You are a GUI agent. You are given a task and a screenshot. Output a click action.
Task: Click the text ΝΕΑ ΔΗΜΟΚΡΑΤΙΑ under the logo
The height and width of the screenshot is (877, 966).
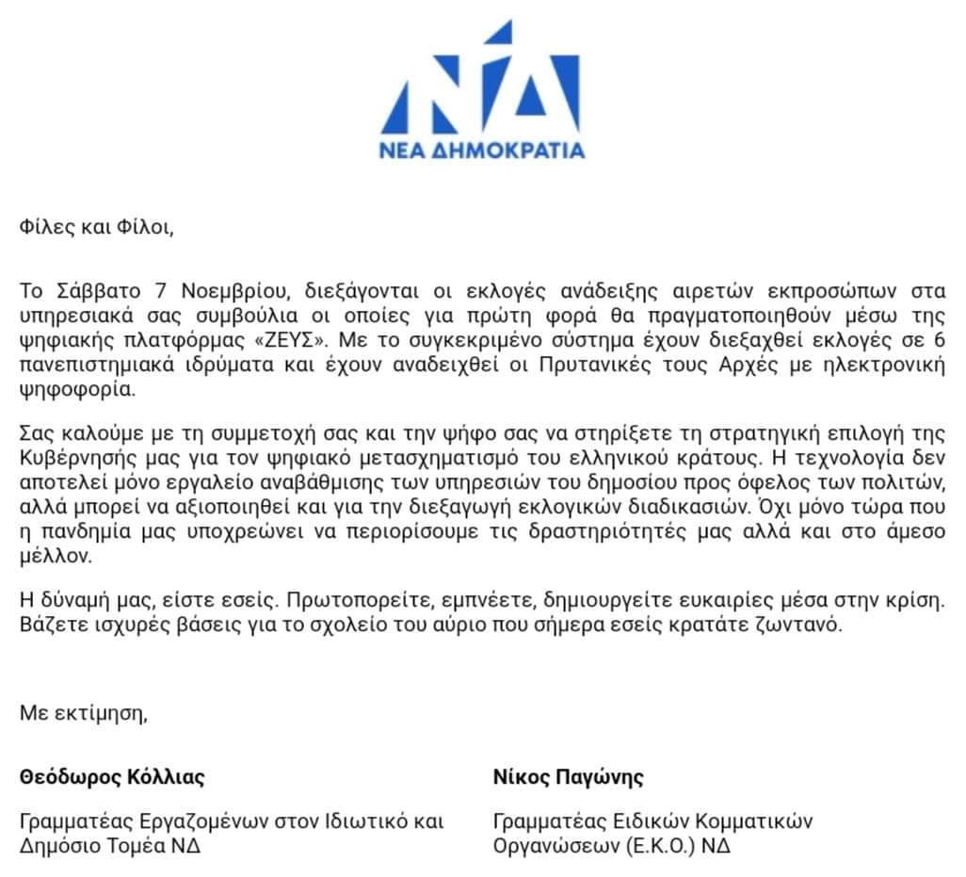click(x=482, y=150)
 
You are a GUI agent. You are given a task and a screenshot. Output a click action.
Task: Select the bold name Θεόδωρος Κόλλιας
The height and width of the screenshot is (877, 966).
click(x=112, y=777)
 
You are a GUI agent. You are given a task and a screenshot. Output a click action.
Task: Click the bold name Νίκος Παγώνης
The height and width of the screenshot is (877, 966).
click(x=569, y=777)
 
